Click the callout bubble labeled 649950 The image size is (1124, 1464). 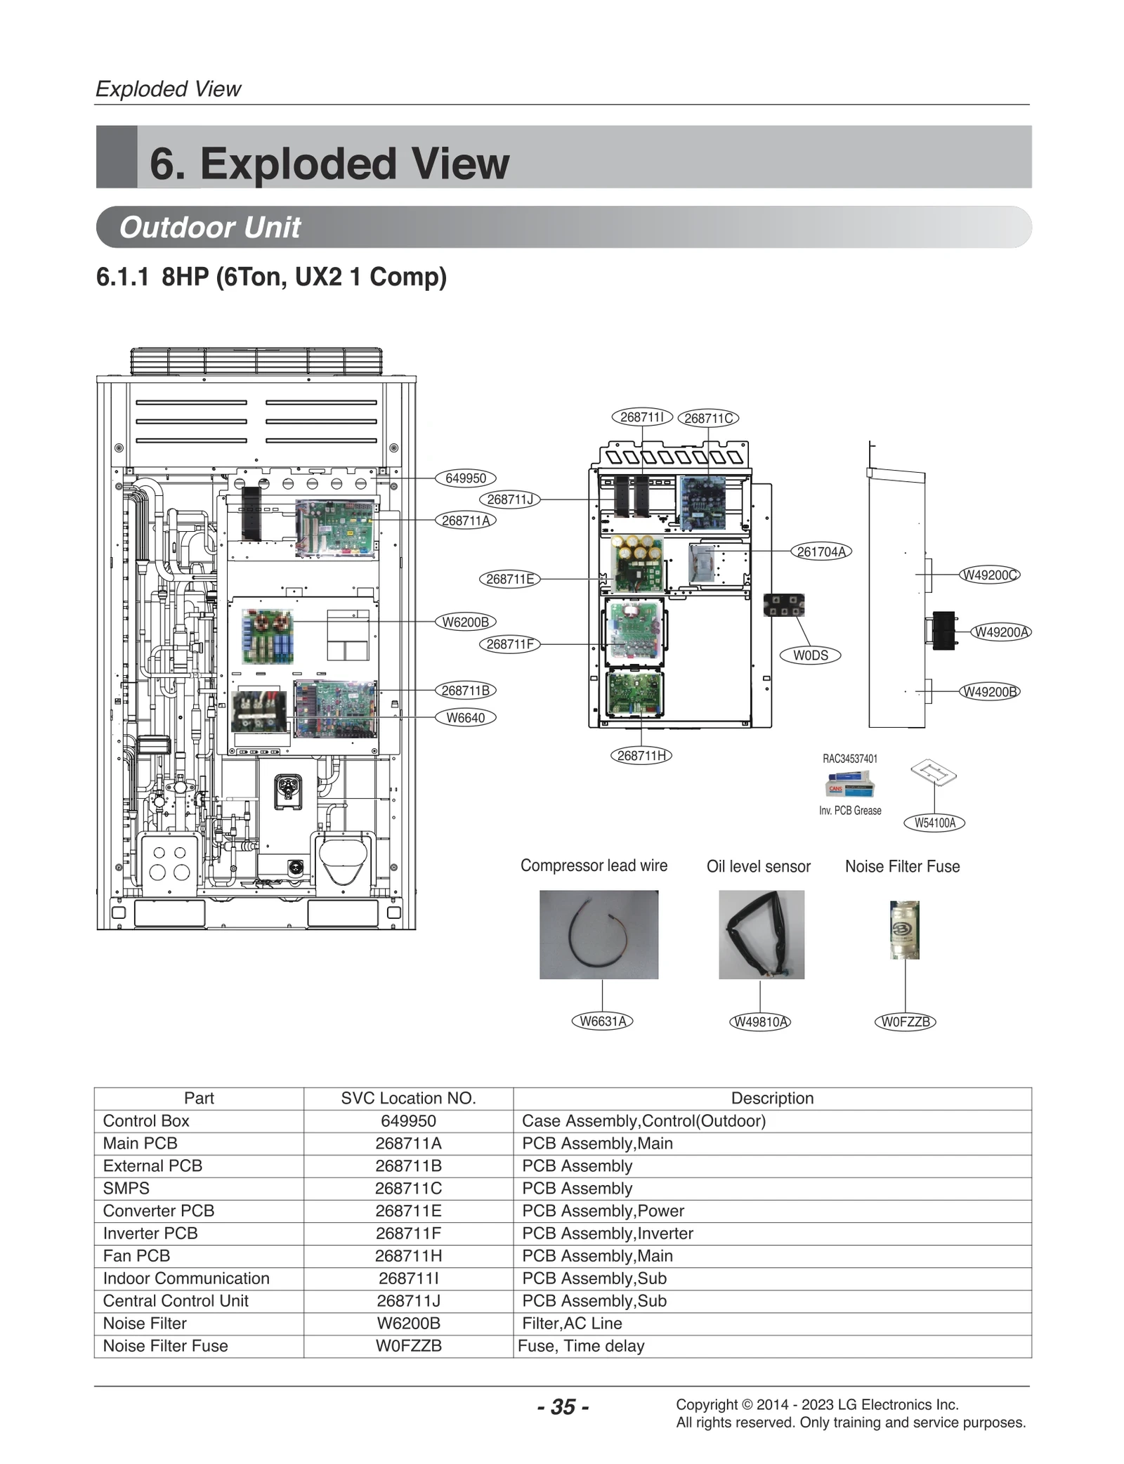(465, 478)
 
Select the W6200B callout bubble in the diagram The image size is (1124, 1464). (465, 622)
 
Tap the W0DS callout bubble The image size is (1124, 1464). (811, 655)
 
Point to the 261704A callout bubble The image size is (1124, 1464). (821, 551)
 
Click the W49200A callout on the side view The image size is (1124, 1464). (1000, 632)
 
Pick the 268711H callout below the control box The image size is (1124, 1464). (641, 755)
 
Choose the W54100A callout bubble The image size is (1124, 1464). (934, 823)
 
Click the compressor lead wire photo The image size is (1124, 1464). (599, 934)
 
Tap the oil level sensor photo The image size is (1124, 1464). (761, 934)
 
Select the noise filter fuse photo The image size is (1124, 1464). (905, 929)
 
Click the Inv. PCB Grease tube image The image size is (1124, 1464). (850, 784)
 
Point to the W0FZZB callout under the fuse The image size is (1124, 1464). (905, 1021)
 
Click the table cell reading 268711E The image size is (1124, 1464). (408, 1210)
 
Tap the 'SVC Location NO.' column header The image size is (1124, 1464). (408, 1098)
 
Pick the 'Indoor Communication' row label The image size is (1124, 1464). (186, 1278)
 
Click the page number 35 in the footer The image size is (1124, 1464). (563, 1406)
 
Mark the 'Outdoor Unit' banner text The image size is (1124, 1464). (209, 228)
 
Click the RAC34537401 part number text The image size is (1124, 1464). (850, 759)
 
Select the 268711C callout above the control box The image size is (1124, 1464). (708, 418)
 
